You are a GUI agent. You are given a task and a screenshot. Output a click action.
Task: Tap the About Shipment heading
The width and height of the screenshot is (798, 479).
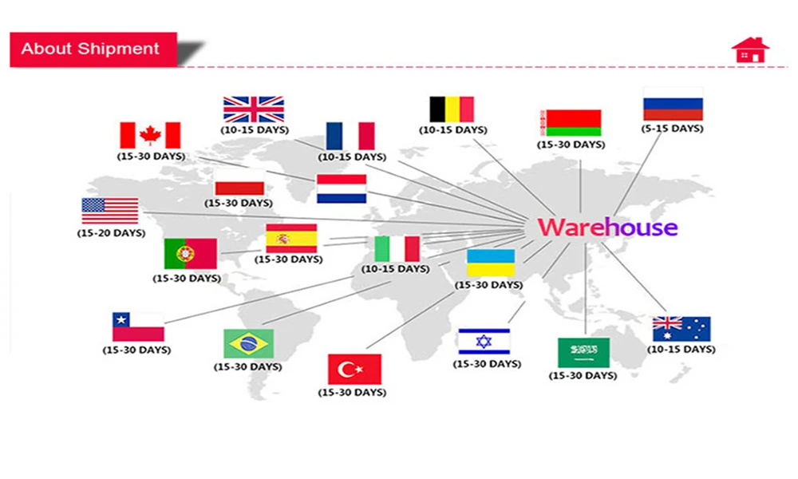coord(90,48)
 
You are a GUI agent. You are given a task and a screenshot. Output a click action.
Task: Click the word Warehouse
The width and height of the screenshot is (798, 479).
coord(607,228)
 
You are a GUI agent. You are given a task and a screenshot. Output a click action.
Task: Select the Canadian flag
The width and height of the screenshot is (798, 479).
coord(150,135)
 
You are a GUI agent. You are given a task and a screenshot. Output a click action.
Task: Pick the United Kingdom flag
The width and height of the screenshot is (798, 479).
coord(254,109)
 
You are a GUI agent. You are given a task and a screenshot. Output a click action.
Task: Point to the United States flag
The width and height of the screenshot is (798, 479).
coord(110,211)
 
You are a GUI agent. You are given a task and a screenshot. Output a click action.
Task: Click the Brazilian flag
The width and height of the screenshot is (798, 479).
coord(248,344)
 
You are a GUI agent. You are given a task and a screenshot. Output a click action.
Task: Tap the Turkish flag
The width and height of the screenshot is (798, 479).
coord(354,369)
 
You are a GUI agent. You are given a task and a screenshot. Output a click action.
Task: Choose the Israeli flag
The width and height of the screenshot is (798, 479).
coord(484,341)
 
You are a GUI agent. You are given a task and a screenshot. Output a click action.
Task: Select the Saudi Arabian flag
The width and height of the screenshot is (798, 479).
coord(583,352)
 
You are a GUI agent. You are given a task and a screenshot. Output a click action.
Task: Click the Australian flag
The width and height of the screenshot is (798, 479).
coord(681,329)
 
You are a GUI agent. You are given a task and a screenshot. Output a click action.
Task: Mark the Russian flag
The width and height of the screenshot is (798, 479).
coord(673,105)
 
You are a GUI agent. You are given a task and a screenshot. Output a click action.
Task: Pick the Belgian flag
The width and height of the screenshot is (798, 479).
coord(452,109)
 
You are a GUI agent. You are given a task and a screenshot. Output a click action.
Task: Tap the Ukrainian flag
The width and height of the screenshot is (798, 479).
coord(491,263)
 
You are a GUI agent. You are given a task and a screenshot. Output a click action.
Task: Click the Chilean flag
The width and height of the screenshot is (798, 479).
coord(138,327)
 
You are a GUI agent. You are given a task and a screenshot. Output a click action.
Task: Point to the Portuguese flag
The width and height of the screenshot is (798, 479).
coord(190,254)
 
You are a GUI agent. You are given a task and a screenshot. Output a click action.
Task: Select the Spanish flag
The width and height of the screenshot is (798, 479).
coord(291,238)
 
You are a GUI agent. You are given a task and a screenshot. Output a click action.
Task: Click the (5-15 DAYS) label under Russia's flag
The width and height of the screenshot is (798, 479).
coord(673,129)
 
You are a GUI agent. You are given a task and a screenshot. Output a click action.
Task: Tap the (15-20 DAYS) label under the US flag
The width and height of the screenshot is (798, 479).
coord(111,233)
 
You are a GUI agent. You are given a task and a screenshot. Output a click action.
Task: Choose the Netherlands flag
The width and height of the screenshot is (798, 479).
coord(342,188)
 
